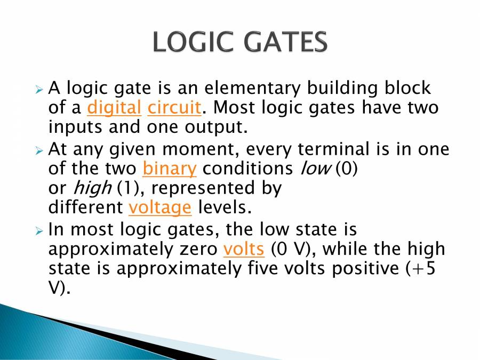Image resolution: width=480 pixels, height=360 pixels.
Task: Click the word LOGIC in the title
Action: pyautogui.click(x=193, y=42)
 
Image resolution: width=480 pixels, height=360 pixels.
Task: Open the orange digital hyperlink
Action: pyautogui.click(x=114, y=108)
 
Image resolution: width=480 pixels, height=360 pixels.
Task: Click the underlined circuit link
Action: pyautogui.click(x=174, y=108)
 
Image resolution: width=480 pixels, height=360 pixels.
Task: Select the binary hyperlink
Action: pyautogui.click(x=170, y=169)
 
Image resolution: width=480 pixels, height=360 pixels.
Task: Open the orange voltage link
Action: pyautogui.click(x=160, y=206)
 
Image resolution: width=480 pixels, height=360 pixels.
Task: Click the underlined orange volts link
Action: pyautogui.click(x=244, y=249)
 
